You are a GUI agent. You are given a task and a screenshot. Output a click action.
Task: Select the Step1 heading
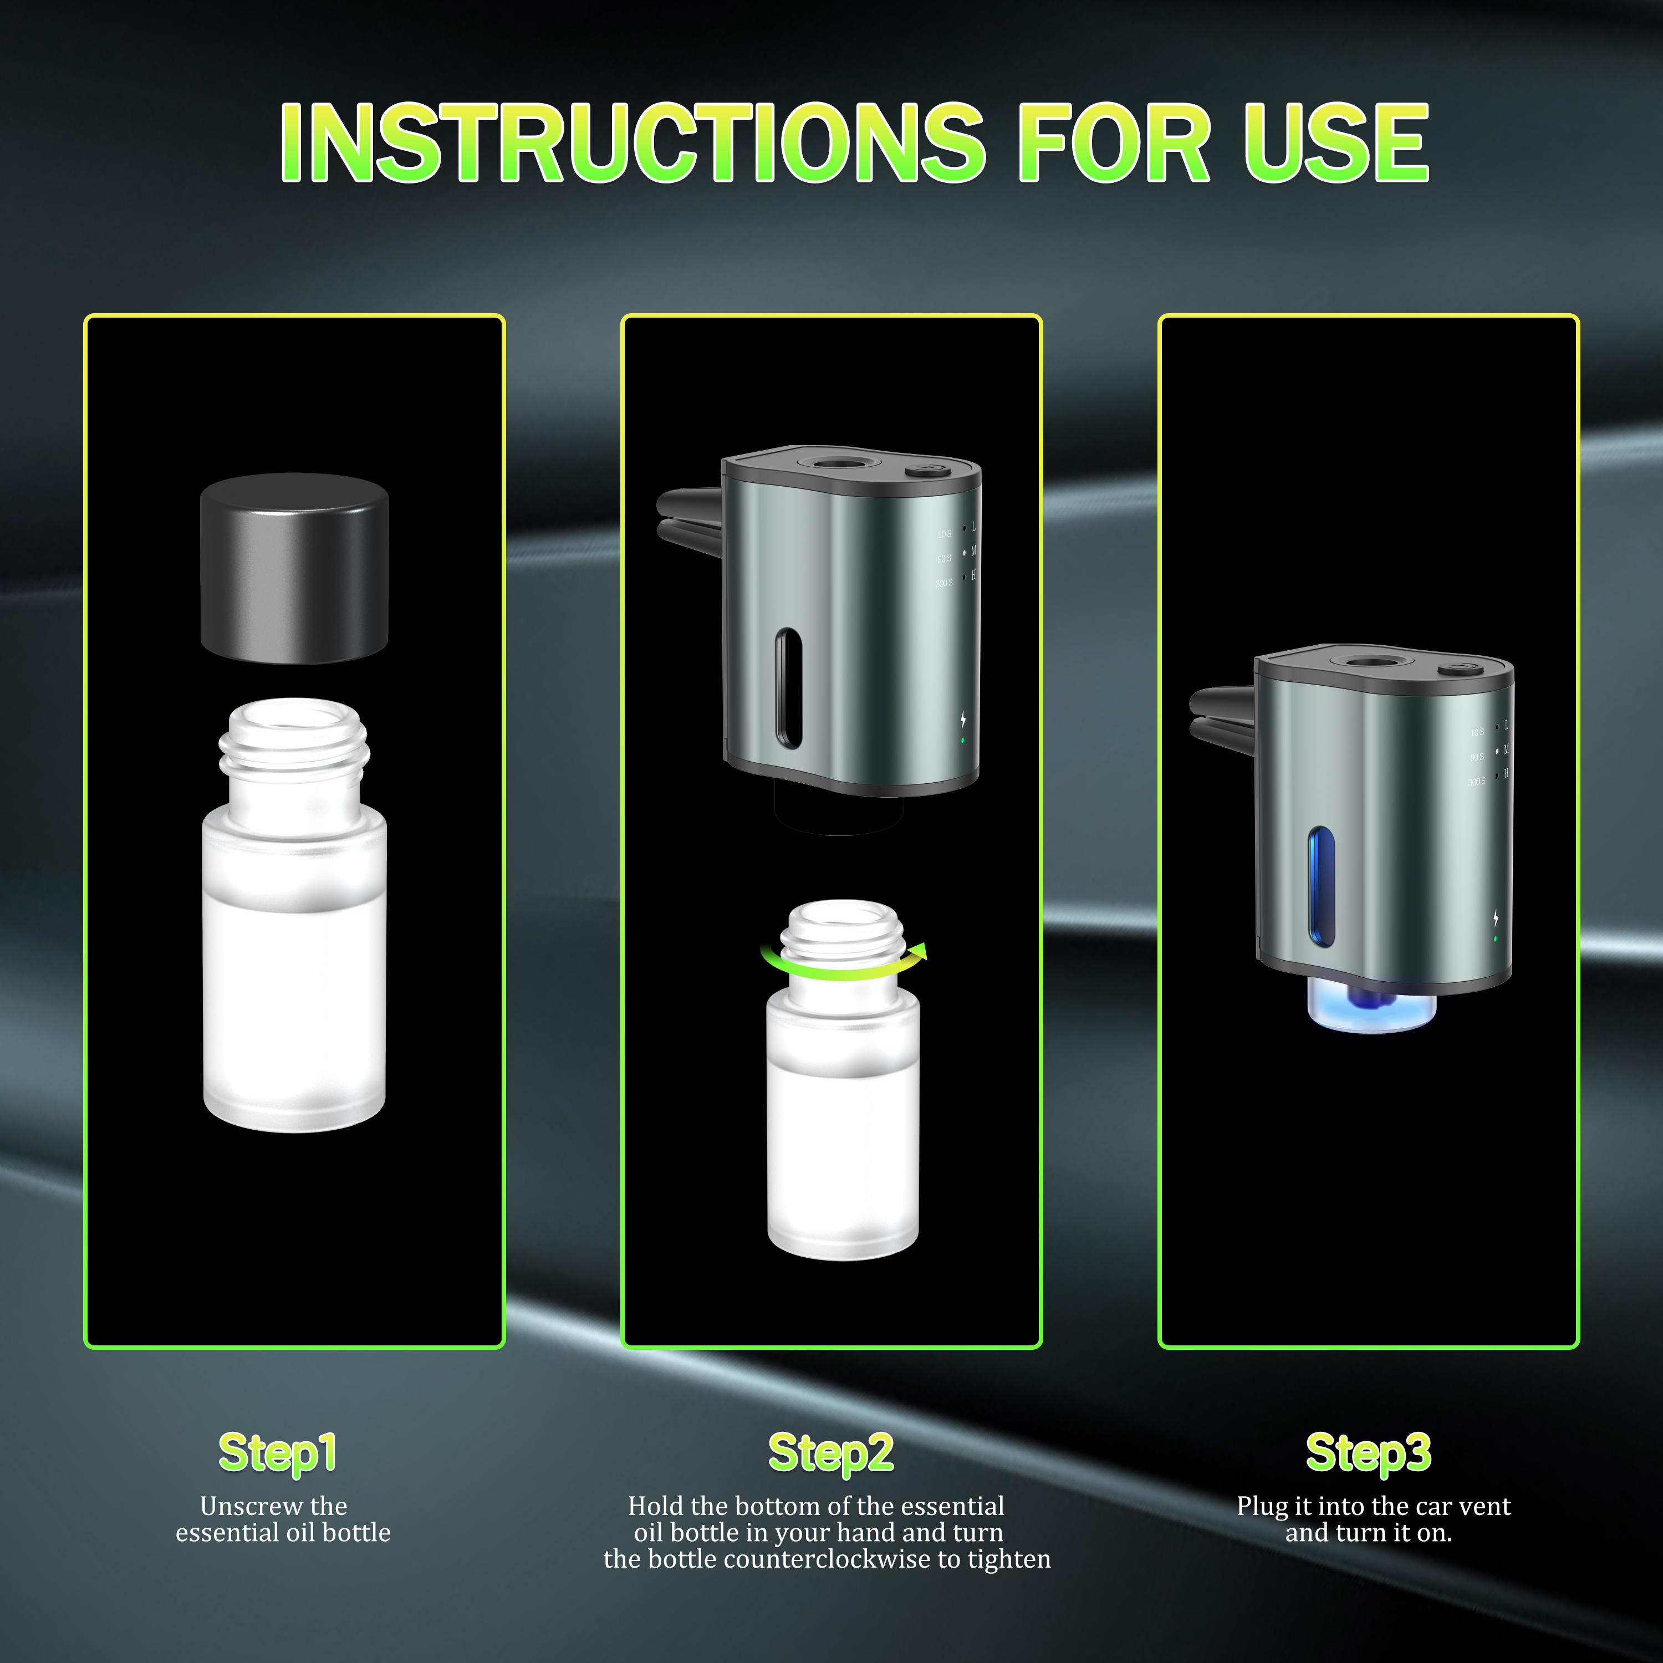coord(277,1453)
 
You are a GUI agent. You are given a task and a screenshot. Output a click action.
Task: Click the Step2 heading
coord(830,1453)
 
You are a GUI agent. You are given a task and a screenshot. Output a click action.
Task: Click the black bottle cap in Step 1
coord(294,568)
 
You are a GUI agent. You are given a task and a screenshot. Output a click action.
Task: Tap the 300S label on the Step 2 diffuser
coord(943,584)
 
